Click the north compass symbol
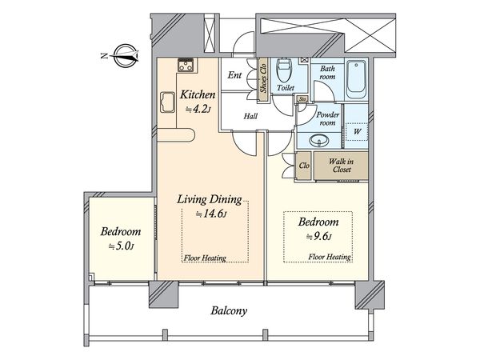126,56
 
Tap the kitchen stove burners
186,65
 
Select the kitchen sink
167,102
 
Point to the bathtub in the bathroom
356,79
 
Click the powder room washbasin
319,141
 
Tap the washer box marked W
357,132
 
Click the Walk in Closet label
341,166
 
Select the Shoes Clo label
263,78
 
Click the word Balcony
229,311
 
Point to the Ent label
234,75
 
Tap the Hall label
250,116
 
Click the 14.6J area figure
211,214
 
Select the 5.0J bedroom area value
121,246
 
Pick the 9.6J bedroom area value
319,236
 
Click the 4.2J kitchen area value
198,109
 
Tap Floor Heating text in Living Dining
205,258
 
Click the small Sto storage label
302,99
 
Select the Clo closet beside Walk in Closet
304,166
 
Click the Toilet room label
286,88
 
